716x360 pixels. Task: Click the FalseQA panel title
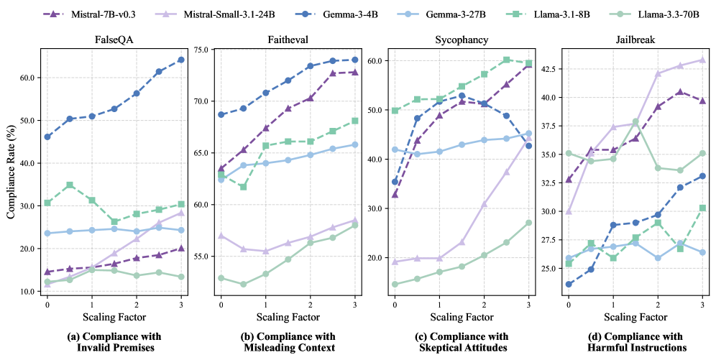113,40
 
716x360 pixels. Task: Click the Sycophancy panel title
461,40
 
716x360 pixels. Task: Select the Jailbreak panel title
635,40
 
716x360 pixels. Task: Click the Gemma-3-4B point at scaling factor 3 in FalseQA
180,60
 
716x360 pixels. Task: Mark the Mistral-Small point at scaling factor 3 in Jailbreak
702,60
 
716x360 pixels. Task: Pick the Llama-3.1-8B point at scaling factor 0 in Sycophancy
395,111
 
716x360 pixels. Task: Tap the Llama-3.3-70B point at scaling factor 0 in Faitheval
221,278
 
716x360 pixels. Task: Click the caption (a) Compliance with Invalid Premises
113,342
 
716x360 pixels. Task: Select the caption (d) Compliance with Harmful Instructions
635,342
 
